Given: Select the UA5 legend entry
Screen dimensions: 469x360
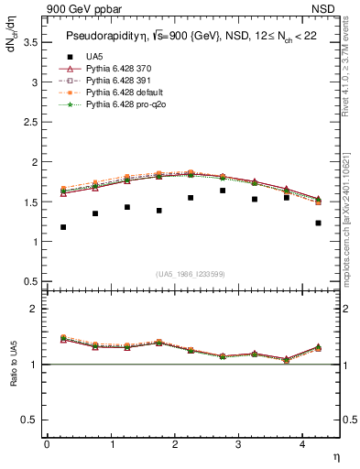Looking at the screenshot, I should click(x=93, y=56).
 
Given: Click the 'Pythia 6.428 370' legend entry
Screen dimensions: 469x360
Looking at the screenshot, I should click(x=115, y=69).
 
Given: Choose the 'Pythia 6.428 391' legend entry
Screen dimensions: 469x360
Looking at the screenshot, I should click(x=115, y=81).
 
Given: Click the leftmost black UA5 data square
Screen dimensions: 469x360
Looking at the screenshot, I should click(x=63, y=227).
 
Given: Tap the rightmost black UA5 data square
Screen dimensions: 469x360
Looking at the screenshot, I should click(x=318, y=223).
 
